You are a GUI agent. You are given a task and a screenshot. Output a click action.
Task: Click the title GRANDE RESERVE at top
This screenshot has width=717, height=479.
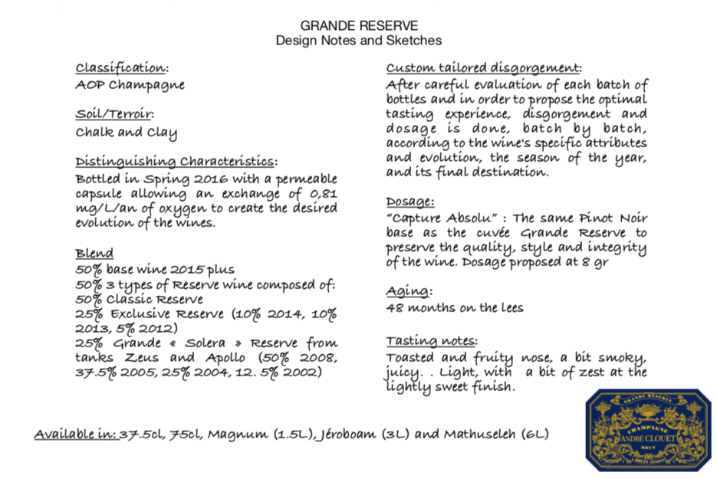coord(358,25)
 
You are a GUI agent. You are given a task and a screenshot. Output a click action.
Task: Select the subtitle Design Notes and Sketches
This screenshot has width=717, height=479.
coord(358,40)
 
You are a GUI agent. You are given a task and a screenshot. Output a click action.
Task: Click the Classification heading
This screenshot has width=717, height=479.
coord(120,68)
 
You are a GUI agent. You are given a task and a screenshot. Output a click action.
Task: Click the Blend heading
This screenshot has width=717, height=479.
coord(94,254)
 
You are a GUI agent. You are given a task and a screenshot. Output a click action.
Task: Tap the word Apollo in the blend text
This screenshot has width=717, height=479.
coord(226,358)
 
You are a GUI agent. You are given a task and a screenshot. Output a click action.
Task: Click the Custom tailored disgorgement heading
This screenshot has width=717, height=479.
coord(483,67)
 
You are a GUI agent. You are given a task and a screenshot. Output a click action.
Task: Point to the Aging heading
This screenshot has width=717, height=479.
coord(408,291)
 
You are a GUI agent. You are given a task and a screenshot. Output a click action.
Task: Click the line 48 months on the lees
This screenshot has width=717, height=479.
coord(455,308)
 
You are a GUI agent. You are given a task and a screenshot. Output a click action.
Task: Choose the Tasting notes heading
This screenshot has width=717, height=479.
coord(431,340)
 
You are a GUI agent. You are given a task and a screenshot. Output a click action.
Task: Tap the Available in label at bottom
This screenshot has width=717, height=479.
coord(74,435)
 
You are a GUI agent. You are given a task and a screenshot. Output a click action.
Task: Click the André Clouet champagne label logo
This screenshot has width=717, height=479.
coord(647,430)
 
